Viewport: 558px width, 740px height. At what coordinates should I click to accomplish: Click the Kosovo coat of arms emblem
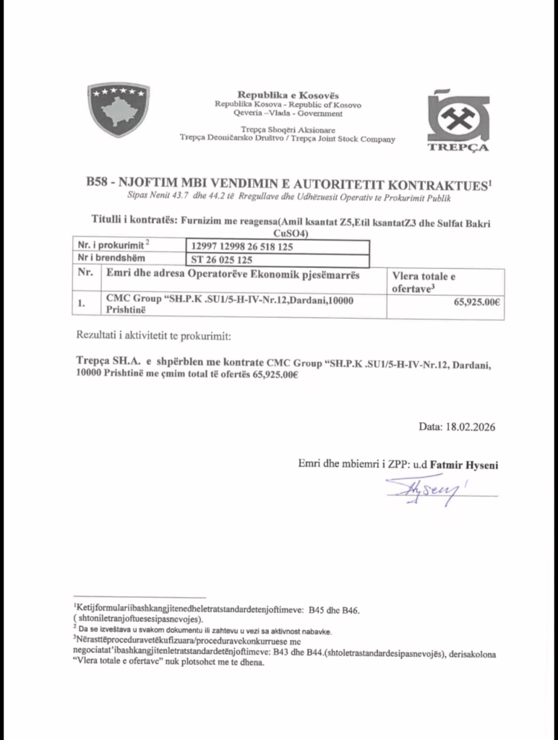pyautogui.click(x=118, y=109)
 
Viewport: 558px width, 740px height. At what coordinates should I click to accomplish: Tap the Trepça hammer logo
pyautogui.click(x=458, y=117)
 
